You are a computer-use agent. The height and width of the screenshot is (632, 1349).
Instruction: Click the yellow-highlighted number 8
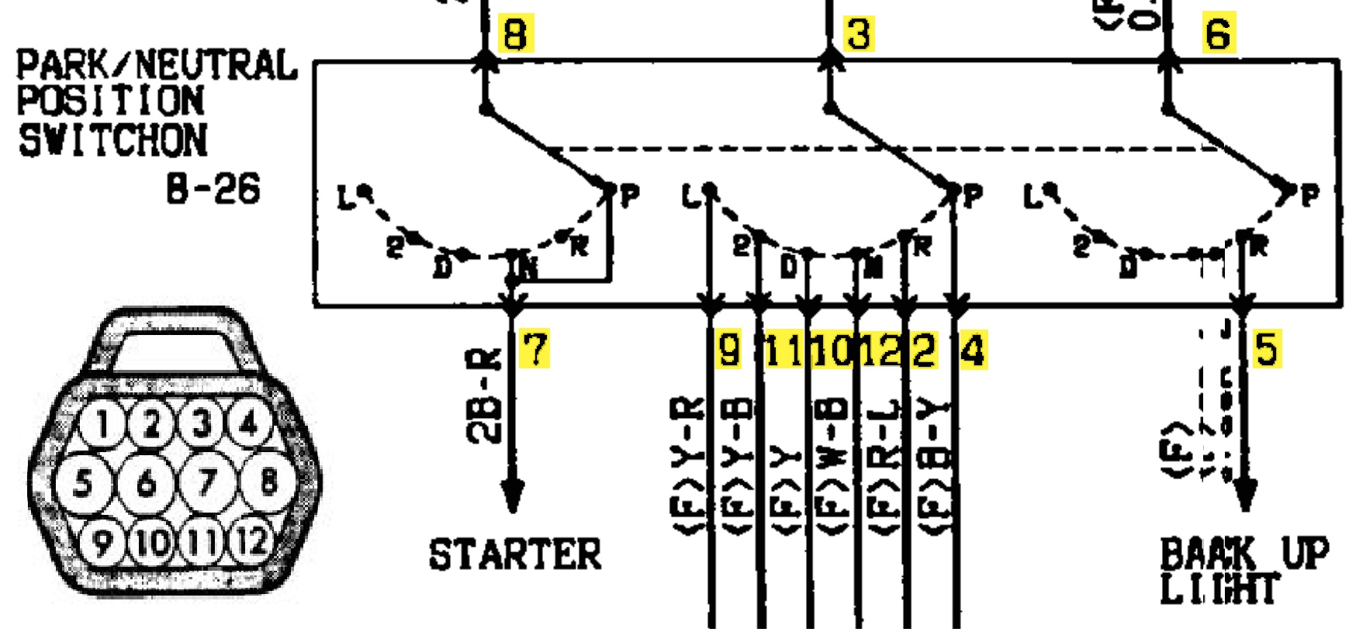click(x=516, y=34)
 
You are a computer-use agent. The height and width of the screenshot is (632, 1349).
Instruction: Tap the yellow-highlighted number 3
click(x=858, y=34)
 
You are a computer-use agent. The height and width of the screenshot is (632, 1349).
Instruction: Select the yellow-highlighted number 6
click(x=1219, y=34)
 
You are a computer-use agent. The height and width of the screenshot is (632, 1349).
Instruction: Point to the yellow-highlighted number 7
click(x=535, y=348)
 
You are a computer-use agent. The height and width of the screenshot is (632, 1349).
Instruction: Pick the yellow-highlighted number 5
click(x=1266, y=348)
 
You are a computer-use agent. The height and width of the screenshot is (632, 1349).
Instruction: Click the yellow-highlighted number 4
click(x=973, y=350)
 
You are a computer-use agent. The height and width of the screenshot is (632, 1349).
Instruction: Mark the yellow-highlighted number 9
click(x=728, y=350)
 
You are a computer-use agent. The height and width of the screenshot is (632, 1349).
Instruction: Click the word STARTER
click(x=515, y=555)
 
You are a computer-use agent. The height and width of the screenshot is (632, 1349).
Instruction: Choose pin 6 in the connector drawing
click(x=146, y=483)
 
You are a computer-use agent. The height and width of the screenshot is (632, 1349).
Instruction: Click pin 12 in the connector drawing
click(x=251, y=541)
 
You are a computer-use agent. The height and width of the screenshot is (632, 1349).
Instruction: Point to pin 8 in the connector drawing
click(x=268, y=482)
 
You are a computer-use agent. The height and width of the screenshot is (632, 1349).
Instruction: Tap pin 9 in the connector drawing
click(x=102, y=541)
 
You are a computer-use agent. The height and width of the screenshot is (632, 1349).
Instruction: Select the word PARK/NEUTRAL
click(x=157, y=65)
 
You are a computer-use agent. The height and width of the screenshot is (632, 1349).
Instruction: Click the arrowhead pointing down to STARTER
click(x=512, y=495)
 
